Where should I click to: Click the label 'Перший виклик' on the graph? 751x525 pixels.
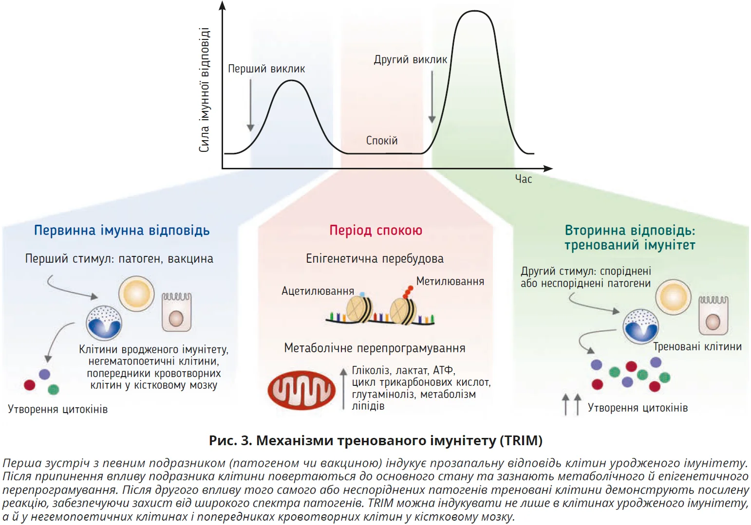coord(266,69)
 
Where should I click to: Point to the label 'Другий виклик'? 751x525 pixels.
coord(410,60)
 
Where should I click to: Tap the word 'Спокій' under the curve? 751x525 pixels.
coord(382,141)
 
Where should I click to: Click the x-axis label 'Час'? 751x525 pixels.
coord(524,179)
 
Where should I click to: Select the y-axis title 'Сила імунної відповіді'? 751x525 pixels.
coord(204,90)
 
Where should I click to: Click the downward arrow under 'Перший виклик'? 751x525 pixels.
coord(250,105)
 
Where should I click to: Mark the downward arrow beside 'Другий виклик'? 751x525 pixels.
coord(432,97)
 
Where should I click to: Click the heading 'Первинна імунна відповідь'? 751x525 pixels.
coord(122,230)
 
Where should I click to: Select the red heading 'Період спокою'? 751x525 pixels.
coord(375,230)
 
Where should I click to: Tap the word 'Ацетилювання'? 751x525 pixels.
coord(318,291)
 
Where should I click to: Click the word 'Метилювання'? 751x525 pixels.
coord(450,281)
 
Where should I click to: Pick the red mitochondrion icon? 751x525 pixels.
coord(301,390)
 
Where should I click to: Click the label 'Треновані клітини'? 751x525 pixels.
coord(697,347)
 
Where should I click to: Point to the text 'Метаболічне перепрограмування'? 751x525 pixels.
coord(375,348)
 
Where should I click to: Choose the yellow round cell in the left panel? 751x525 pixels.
coord(136,294)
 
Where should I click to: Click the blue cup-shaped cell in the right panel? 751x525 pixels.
coord(641,326)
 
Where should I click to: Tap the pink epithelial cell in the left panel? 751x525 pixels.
coord(176,312)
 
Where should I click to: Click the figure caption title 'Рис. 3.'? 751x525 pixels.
coord(230,441)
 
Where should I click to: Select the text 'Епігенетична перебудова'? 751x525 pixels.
coord(375,259)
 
